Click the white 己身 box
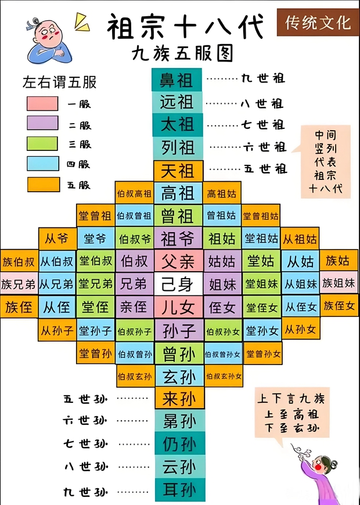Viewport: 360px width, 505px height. [x=178, y=283]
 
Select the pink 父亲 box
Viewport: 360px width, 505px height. [x=178, y=261]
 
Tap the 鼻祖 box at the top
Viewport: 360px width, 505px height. [x=177, y=80]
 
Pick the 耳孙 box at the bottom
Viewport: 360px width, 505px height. [x=179, y=490]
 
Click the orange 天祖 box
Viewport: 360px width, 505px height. [x=178, y=171]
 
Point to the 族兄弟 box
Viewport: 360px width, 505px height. [x=19, y=284]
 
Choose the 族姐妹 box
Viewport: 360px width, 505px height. [x=339, y=283]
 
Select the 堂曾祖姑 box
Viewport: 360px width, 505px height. [x=261, y=215]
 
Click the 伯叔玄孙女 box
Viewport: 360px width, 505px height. [x=224, y=376]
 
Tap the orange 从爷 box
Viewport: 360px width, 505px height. [x=57, y=239]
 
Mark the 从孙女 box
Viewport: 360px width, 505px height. [x=301, y=329]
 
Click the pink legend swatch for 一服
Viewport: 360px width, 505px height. [x=42, y=103]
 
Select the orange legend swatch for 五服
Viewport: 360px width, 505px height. [x=43, y=185]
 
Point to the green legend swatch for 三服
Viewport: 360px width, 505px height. [x=42, y=143]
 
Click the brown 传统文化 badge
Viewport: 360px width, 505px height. [x=318, y=23]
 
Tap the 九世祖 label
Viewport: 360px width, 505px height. [x=263, y=78]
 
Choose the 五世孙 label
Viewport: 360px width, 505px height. [x=85, y=399]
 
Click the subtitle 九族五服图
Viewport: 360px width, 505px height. [x=182, y=54]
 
